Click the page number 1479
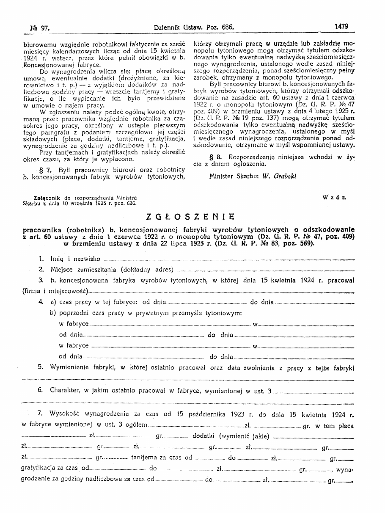[x=341, y=26]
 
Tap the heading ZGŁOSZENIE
[x=190, y=217]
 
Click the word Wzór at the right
[x=334, y=198]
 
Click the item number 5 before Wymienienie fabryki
[x=41, y=367]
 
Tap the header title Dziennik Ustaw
[x=177, y=27]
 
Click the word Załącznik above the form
[x=47, y=198]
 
